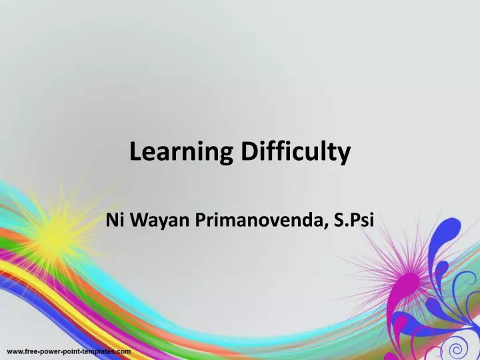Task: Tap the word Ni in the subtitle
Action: tap(114, 221)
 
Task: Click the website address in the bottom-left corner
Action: tap(69, 350)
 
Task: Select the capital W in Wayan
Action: tap(138, 221)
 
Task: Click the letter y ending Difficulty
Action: tap(344, 156)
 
